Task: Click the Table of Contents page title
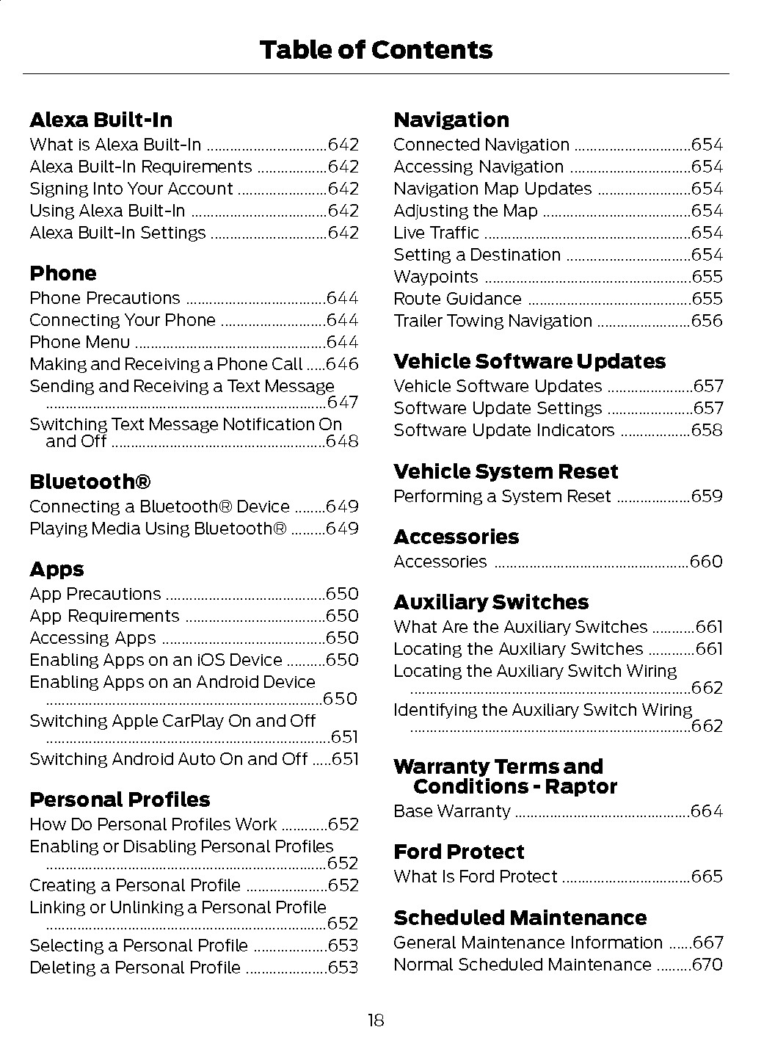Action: [x=376, y=50]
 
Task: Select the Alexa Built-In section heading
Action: [x=101, y=120]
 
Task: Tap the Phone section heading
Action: [x=63, y=273]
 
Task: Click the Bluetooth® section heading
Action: [x=90, y=482]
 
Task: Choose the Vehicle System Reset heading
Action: [x=506, y=471]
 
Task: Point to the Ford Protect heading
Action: [x=459, y=852]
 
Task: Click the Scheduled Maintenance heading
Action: [x=520, y=918]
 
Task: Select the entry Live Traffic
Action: [x=436, y=233]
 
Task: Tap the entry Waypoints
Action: [x=435, y=277]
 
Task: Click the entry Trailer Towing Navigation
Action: [x=492, y=321]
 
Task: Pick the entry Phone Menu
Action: [x=79, y=342]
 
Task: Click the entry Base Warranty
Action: [x=451, y=811]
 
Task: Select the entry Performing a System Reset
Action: [x=502, y=496]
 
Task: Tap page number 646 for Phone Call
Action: [x=342, y=364]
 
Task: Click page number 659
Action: [x=707, y=496]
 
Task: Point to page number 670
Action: [x=707, y=965]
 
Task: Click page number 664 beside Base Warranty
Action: [x=707, y=811]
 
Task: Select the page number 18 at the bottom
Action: [x=376, y=1020]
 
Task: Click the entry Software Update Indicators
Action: [x=503, y=430]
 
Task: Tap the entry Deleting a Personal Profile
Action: [x=135, y=968]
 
